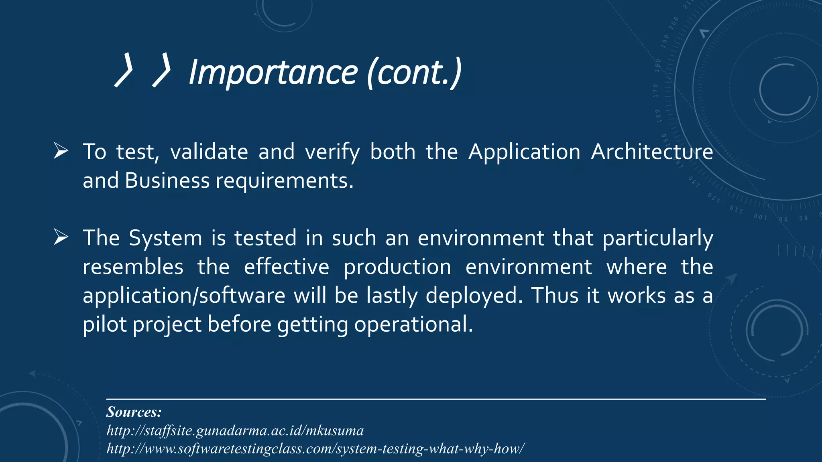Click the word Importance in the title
coord(273,72)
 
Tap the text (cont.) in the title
coord(414,72)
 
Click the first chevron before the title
coord(124,71)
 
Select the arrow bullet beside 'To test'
coord(61,152)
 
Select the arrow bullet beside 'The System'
coord(61,238)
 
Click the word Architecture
coord(652,152)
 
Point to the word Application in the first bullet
coord(524,152)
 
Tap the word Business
coord(167,181)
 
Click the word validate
coord(209,152)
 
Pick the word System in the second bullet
coord(165,238)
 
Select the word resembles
coord(133,267)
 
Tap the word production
coord(397,267)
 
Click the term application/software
coord(184,296)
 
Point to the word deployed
coord(474,296)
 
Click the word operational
coord(413,324)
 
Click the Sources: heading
coord(134,412)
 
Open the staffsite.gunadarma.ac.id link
coord(235,431)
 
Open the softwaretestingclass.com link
coord(315,448)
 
